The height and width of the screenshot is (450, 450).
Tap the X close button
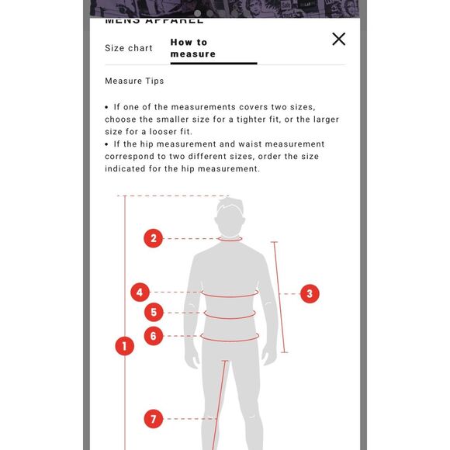click(x=338, y=39)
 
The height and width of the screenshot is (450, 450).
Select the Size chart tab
click(x=129, y=48)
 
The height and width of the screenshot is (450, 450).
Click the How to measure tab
click(x=193, y=48)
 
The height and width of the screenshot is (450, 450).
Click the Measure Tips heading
click(x=134, y=81)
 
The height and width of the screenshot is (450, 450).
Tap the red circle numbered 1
click(x=125, y=346)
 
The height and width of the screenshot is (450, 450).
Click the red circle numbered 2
click(x=154, y=238)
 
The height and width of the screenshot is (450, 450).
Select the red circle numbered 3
click(x=310, y=293)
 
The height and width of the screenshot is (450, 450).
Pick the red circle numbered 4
click(x=140, y=292)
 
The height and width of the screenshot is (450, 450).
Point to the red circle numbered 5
click(x=154, y=312)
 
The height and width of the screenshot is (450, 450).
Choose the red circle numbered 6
click(x=154, y=336)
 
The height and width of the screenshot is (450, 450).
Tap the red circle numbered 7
click(x=154, y=419)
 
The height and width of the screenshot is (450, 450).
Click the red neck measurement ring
click(x=230, y=241)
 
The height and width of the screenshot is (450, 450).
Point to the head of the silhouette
click(x=230, y=216)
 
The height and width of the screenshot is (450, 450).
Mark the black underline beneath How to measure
click(x=213, y=64)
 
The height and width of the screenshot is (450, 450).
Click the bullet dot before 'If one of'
click(x=106, y=107)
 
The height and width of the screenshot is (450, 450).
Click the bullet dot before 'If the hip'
click(x=106, y=144)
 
